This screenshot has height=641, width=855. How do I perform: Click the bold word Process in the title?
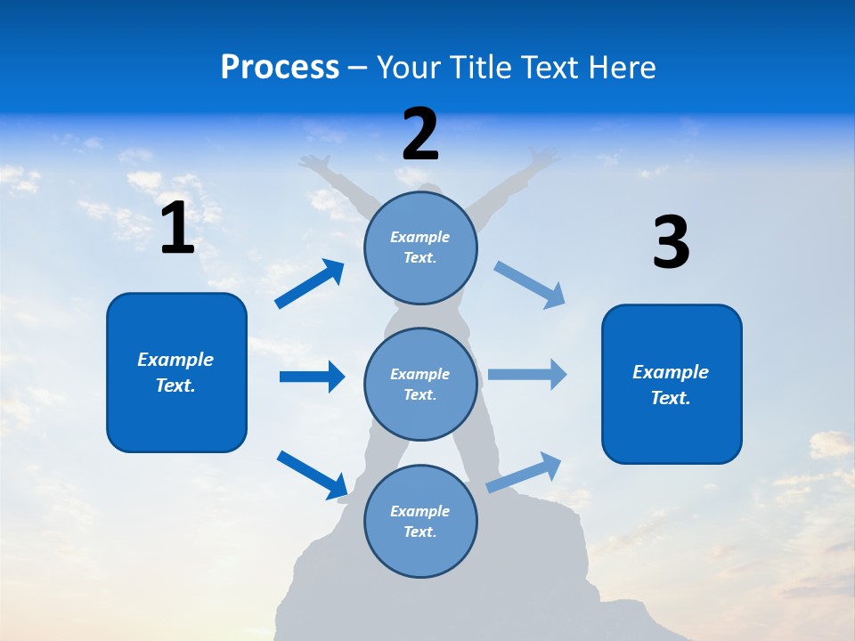(x=280, y=68)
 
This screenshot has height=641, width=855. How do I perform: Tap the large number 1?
(x=177, y=228)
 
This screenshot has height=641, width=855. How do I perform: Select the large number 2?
(x=420, y=134)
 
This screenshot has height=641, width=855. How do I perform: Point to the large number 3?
(x=671, y=242)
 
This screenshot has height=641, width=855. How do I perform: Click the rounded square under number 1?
(x=176, y=372)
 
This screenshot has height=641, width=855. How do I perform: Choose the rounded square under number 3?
(x=672, y=384)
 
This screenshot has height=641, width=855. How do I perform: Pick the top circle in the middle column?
(x=420, y=247)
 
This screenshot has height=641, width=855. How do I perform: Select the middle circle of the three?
(x=420, y=384)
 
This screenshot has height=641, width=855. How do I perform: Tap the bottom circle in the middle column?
(x=420, y=521)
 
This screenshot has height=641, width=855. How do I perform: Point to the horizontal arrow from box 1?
(x=312, y=377)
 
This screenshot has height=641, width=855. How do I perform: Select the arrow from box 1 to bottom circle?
(x=313, y=475)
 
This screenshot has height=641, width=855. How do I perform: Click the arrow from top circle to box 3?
(x=530, y=284)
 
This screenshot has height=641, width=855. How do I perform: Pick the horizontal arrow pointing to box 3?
(x=527, y=374)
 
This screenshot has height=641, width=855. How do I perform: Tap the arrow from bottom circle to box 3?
(x=525, y=472)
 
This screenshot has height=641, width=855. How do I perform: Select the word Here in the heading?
(x=623, y=68)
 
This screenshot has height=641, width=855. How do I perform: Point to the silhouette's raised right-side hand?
(x=544, y=158)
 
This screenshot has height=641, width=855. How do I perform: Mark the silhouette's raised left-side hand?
(x=311, y=161)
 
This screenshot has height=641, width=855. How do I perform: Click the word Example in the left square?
(x=175, y=360)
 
